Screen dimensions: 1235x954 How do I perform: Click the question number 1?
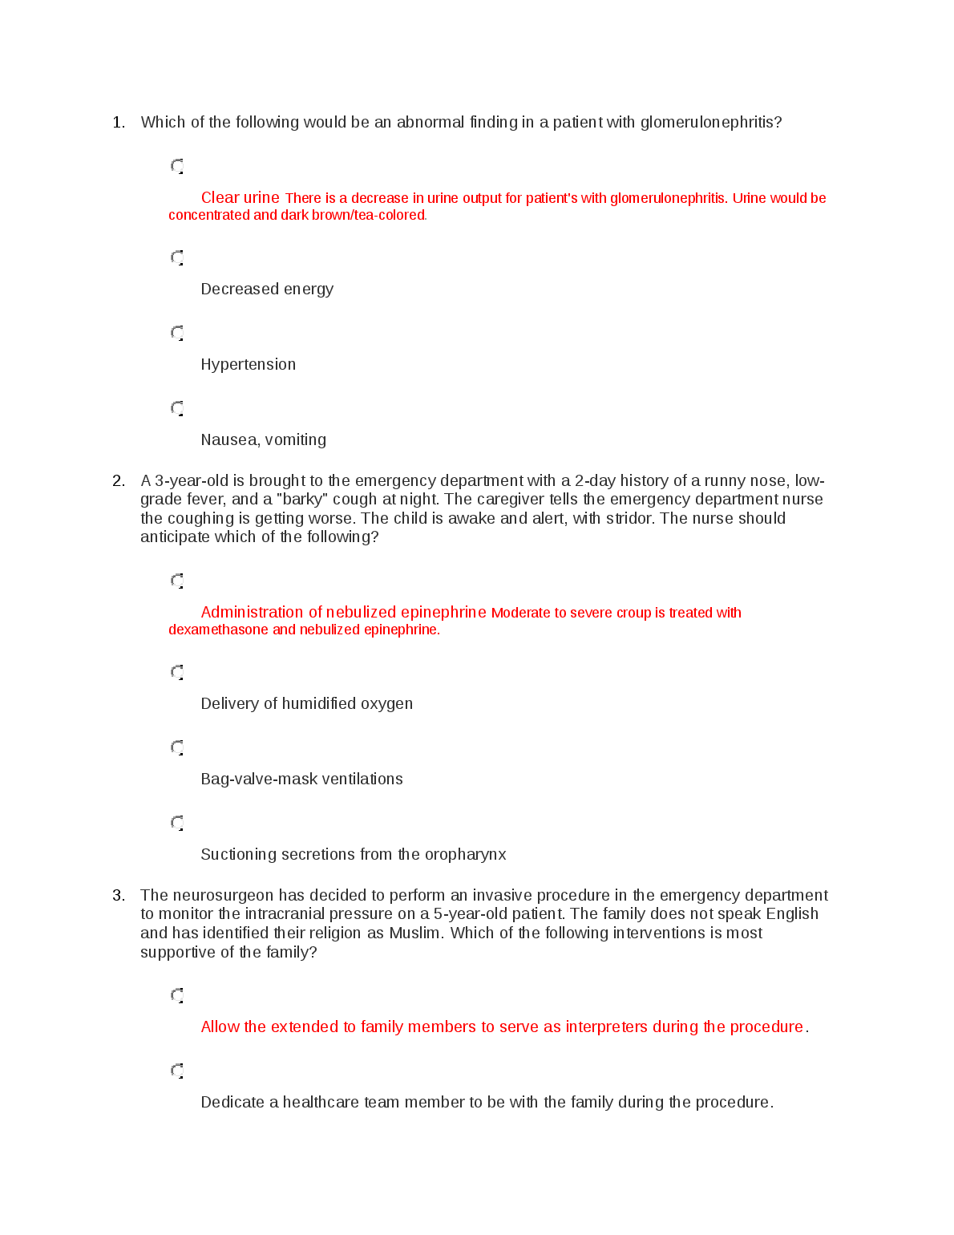click(x=118, y=123)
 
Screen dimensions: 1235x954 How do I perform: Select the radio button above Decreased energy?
click(x=177, y=257)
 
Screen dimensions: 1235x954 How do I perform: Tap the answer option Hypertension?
click(x=248, y=365)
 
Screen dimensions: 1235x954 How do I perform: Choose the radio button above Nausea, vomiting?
click(x=177, y=408)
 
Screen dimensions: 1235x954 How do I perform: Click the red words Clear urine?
click(x=240, y=198)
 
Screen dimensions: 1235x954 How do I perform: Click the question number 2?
click(x=118, y=481)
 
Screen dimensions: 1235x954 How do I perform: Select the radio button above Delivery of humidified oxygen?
click(x=177, y=672)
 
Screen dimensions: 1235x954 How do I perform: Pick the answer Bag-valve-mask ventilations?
click(x=301, y=779)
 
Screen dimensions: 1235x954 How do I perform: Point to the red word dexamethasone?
click(x=218, y=630)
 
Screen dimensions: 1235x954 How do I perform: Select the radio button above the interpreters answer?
click(x=177, y=995)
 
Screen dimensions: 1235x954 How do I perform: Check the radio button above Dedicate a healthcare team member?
click(x=177, y=1071)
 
